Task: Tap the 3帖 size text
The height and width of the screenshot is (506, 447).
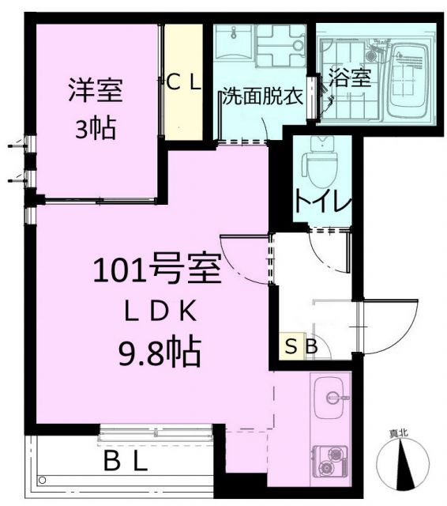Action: click(x=94, y=128)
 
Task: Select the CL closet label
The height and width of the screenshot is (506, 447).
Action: click(x=185, y=81)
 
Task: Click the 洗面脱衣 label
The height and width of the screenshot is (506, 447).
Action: click(x=261, y=98)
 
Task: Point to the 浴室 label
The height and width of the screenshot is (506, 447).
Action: click(x=349, y=77)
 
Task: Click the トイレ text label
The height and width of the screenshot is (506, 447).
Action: click(x=322, y=202)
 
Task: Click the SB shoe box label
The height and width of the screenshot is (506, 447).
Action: click(x=301, y=346)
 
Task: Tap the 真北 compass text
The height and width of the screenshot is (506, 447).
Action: click(x=398, y=432)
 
